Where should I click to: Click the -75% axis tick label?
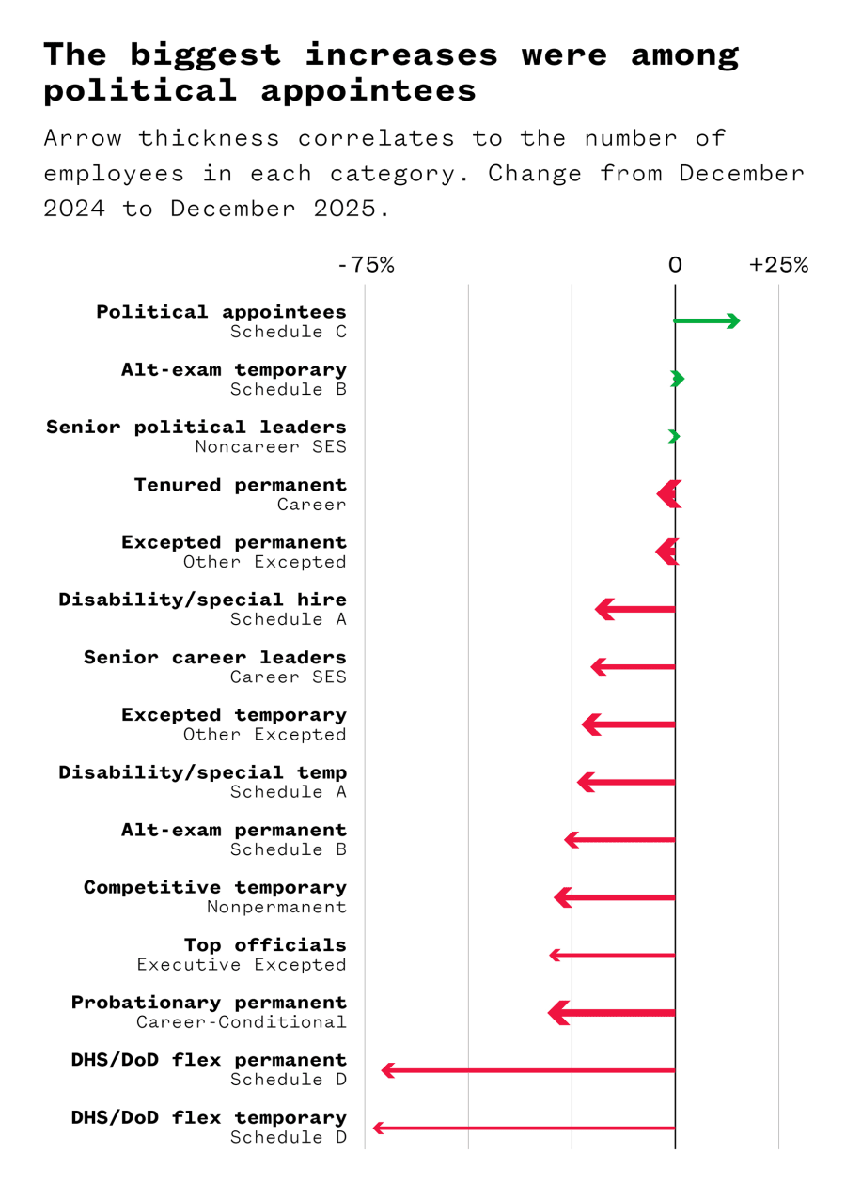tap(366, 265)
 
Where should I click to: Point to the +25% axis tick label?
tap(778, 265)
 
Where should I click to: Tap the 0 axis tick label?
tap(675, 265)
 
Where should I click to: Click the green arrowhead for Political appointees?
tap(733, 321)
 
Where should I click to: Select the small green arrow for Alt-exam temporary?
tap(678, 379)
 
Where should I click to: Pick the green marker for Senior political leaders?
tap(674, 436)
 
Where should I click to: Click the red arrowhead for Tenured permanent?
tap(668, 494)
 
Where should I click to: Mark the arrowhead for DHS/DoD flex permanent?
tap(386, 1070)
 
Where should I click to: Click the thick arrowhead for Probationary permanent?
tap(558, 1013)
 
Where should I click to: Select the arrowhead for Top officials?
tap(555, 956)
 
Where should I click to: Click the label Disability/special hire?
tap(202, 599)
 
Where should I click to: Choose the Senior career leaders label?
tap(214, 657)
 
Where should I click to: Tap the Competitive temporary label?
tap(214, 887)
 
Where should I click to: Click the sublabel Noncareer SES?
tap(271, 446)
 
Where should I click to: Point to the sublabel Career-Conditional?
tap(242, 1021)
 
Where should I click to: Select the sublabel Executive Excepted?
tap(242, 964)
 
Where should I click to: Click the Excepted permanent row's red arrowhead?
tap(666, 552)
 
